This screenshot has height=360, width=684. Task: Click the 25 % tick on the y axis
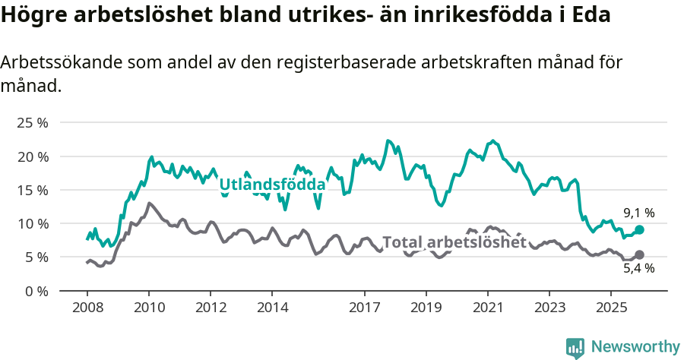[32, 123]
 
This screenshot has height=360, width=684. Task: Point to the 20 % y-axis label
[32, 156]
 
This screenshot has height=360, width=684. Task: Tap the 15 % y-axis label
[32, 190]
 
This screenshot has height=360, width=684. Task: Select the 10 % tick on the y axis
[32, 223]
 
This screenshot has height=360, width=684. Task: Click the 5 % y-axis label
[36, 257]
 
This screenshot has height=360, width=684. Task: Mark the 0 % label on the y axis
[36, 291]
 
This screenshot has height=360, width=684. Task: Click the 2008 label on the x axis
[87, 308]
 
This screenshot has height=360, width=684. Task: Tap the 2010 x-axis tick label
[149, 308]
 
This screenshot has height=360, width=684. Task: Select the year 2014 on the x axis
[272, 308]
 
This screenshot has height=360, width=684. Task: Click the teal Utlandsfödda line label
[272, 184]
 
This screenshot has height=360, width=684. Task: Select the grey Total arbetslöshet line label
[454, 242]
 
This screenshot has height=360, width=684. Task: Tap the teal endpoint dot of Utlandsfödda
[639, 229]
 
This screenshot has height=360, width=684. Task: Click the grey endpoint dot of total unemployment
[639, 255]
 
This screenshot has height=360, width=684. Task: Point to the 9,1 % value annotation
[638, 213]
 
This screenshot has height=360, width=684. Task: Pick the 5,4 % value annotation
[638, 268]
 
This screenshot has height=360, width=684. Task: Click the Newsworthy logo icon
[575, 347]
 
